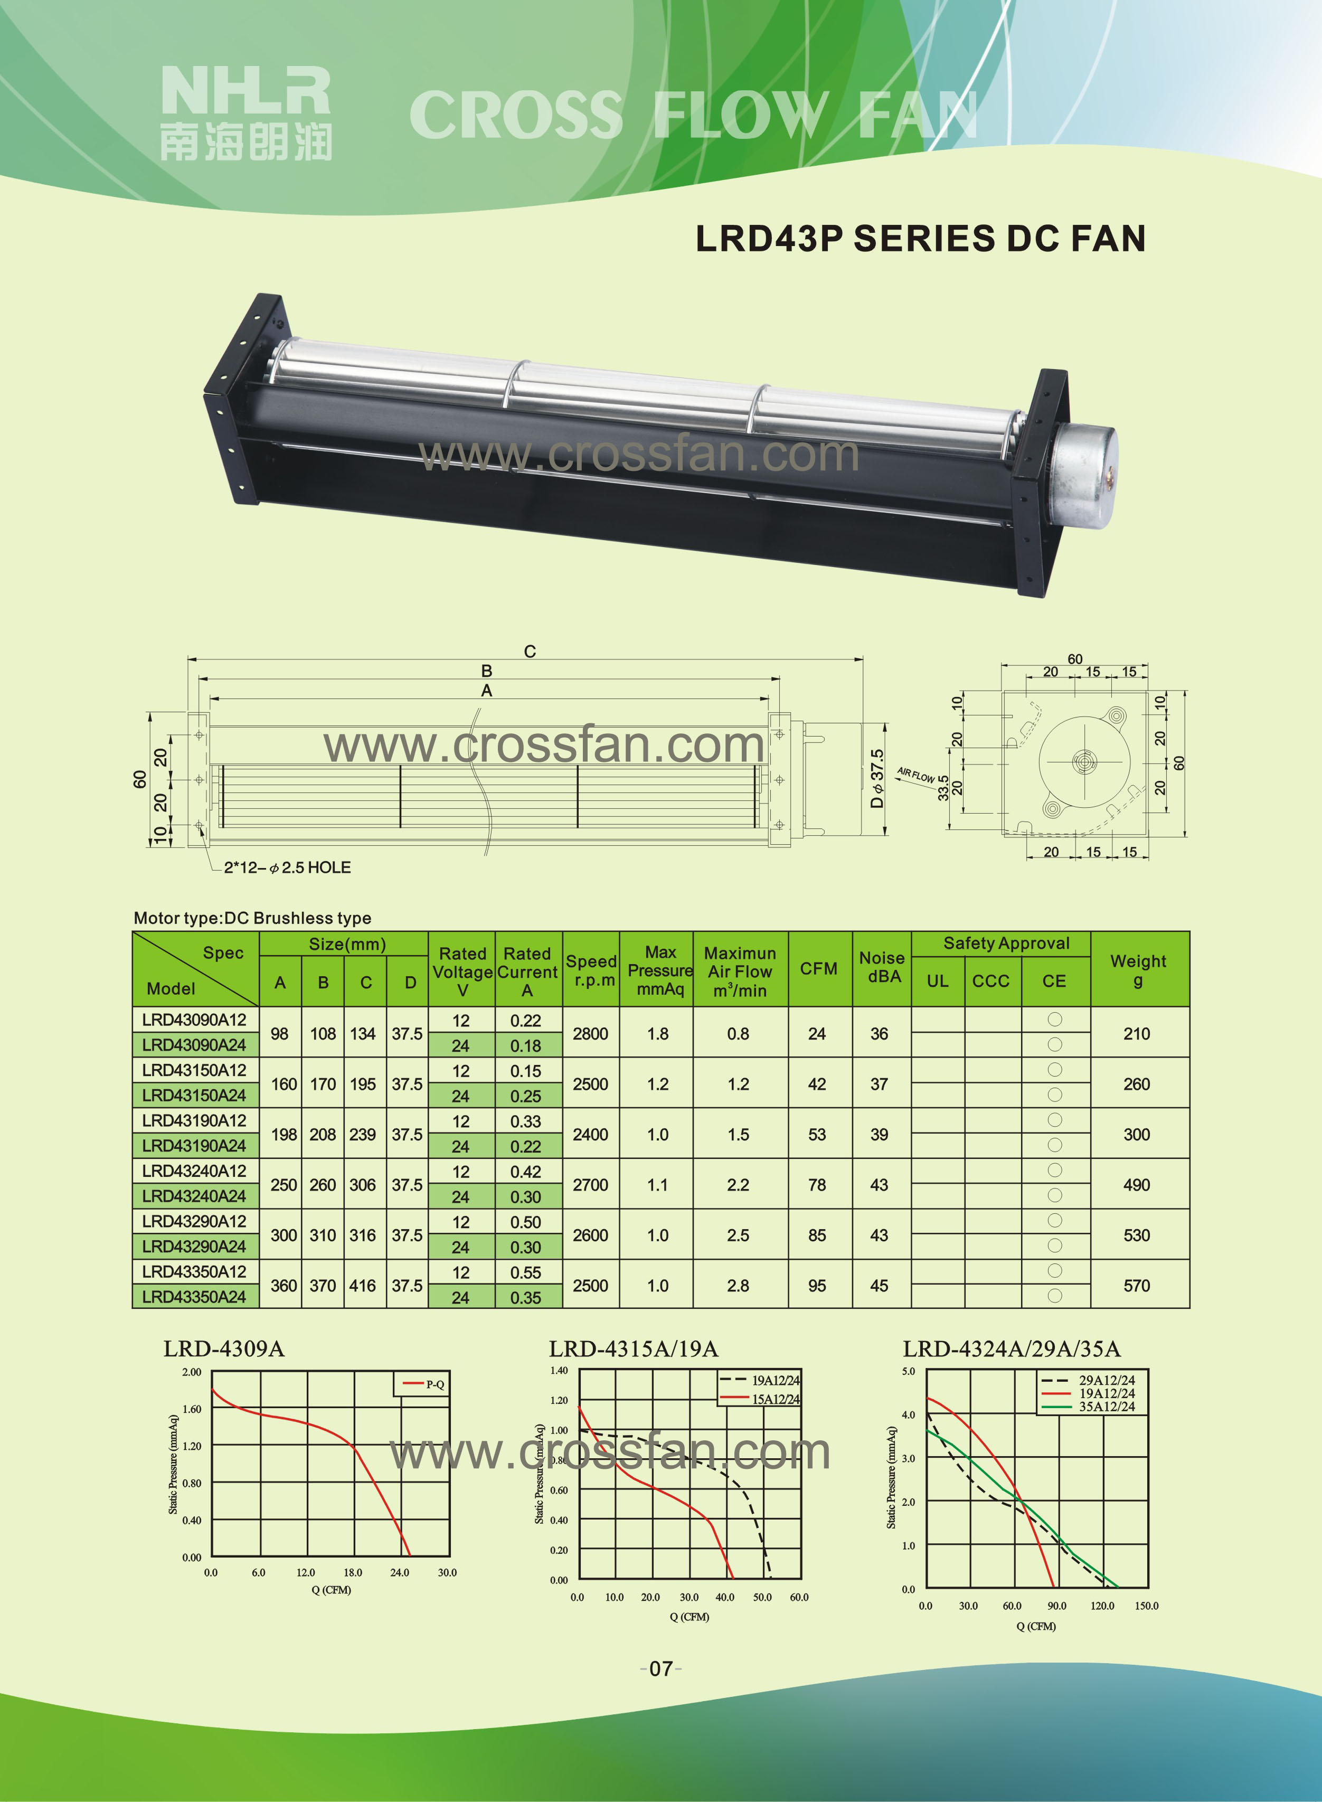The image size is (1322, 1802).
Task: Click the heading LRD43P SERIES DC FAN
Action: [920, 239]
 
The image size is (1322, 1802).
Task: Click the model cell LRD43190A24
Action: [194, 1146]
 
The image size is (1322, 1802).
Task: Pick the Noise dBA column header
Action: [881, 967]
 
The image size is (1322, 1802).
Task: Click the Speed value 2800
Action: [591, 1034]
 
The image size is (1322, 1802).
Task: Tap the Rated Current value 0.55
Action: [526, 1273]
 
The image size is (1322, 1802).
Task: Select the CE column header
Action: [1054, 981]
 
